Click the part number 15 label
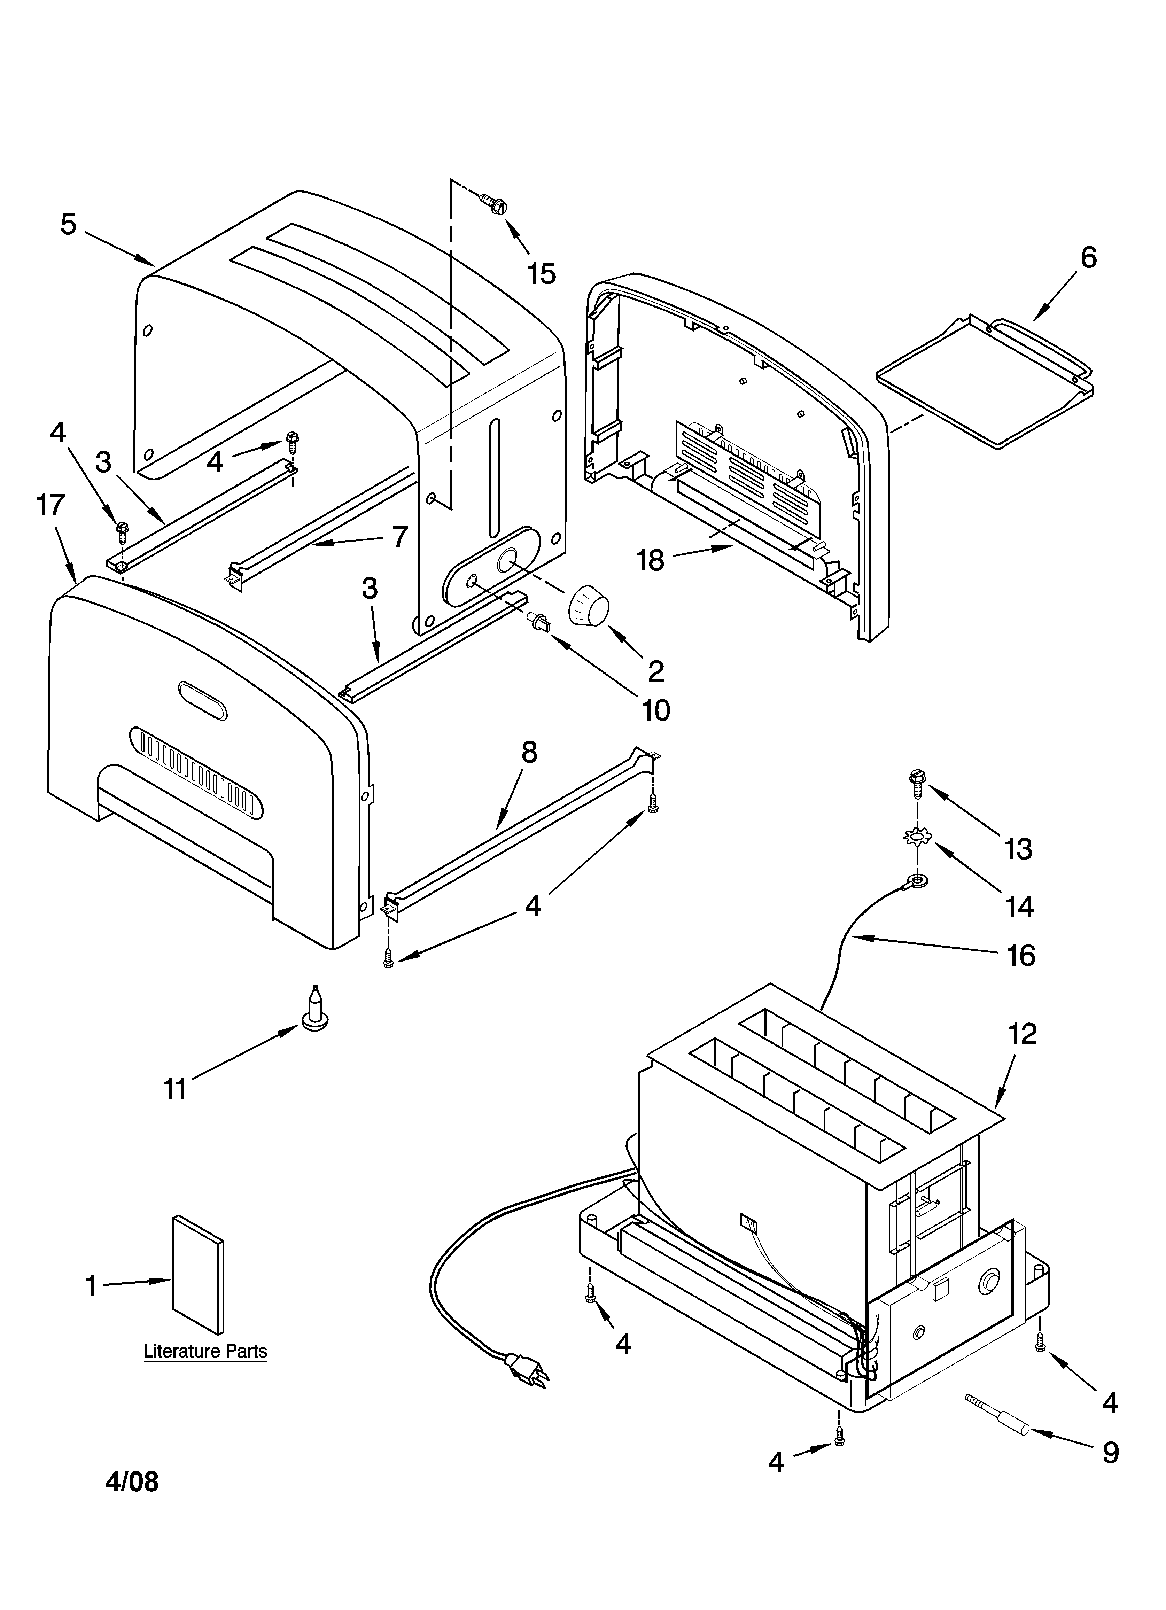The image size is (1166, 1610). tap(542, 273)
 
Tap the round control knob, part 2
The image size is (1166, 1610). tap(589, 606)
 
